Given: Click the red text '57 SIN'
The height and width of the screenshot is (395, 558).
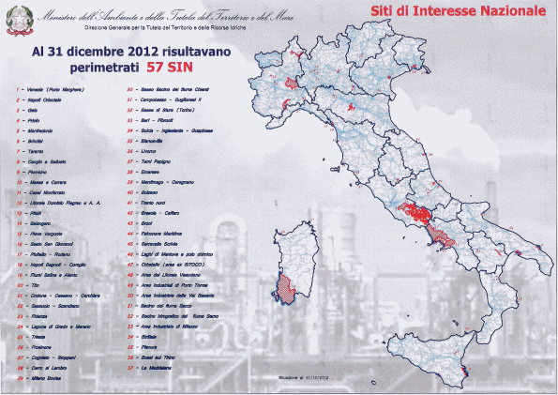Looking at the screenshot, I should pyautogui.click(x=169, y=68).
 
